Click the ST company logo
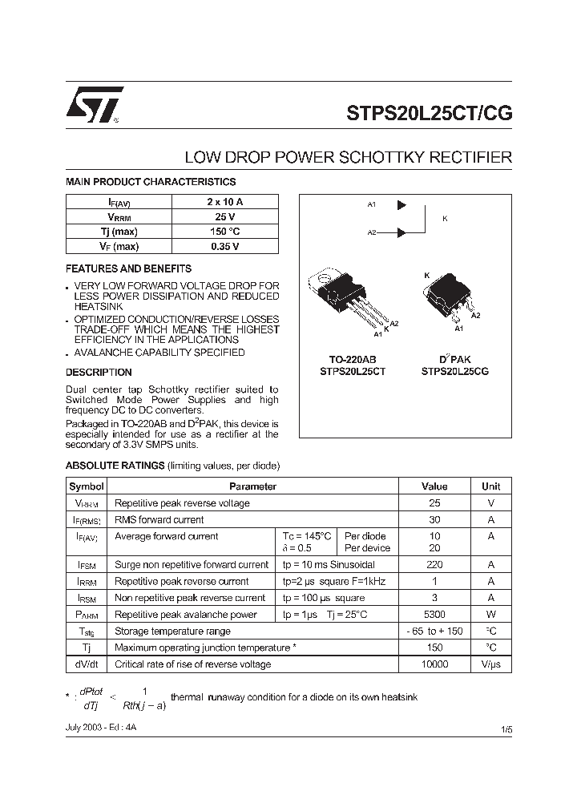[x=95, y=105]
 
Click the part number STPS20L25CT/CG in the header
[x=429, y=113]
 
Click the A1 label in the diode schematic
[x=372, y=205]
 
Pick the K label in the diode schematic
[x=446, y=218]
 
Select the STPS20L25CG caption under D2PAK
[x=454, y=372]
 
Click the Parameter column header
[x=252, y=486]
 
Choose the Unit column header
[x=490, y=486]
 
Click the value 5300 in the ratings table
[x=434, y=615]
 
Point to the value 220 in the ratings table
[x=434, y=565]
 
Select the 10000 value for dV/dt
[x=434, y=664]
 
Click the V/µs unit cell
[x=490, y=664]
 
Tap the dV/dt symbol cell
[x=86, y=664]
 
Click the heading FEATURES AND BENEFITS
[x=128, y=268]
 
